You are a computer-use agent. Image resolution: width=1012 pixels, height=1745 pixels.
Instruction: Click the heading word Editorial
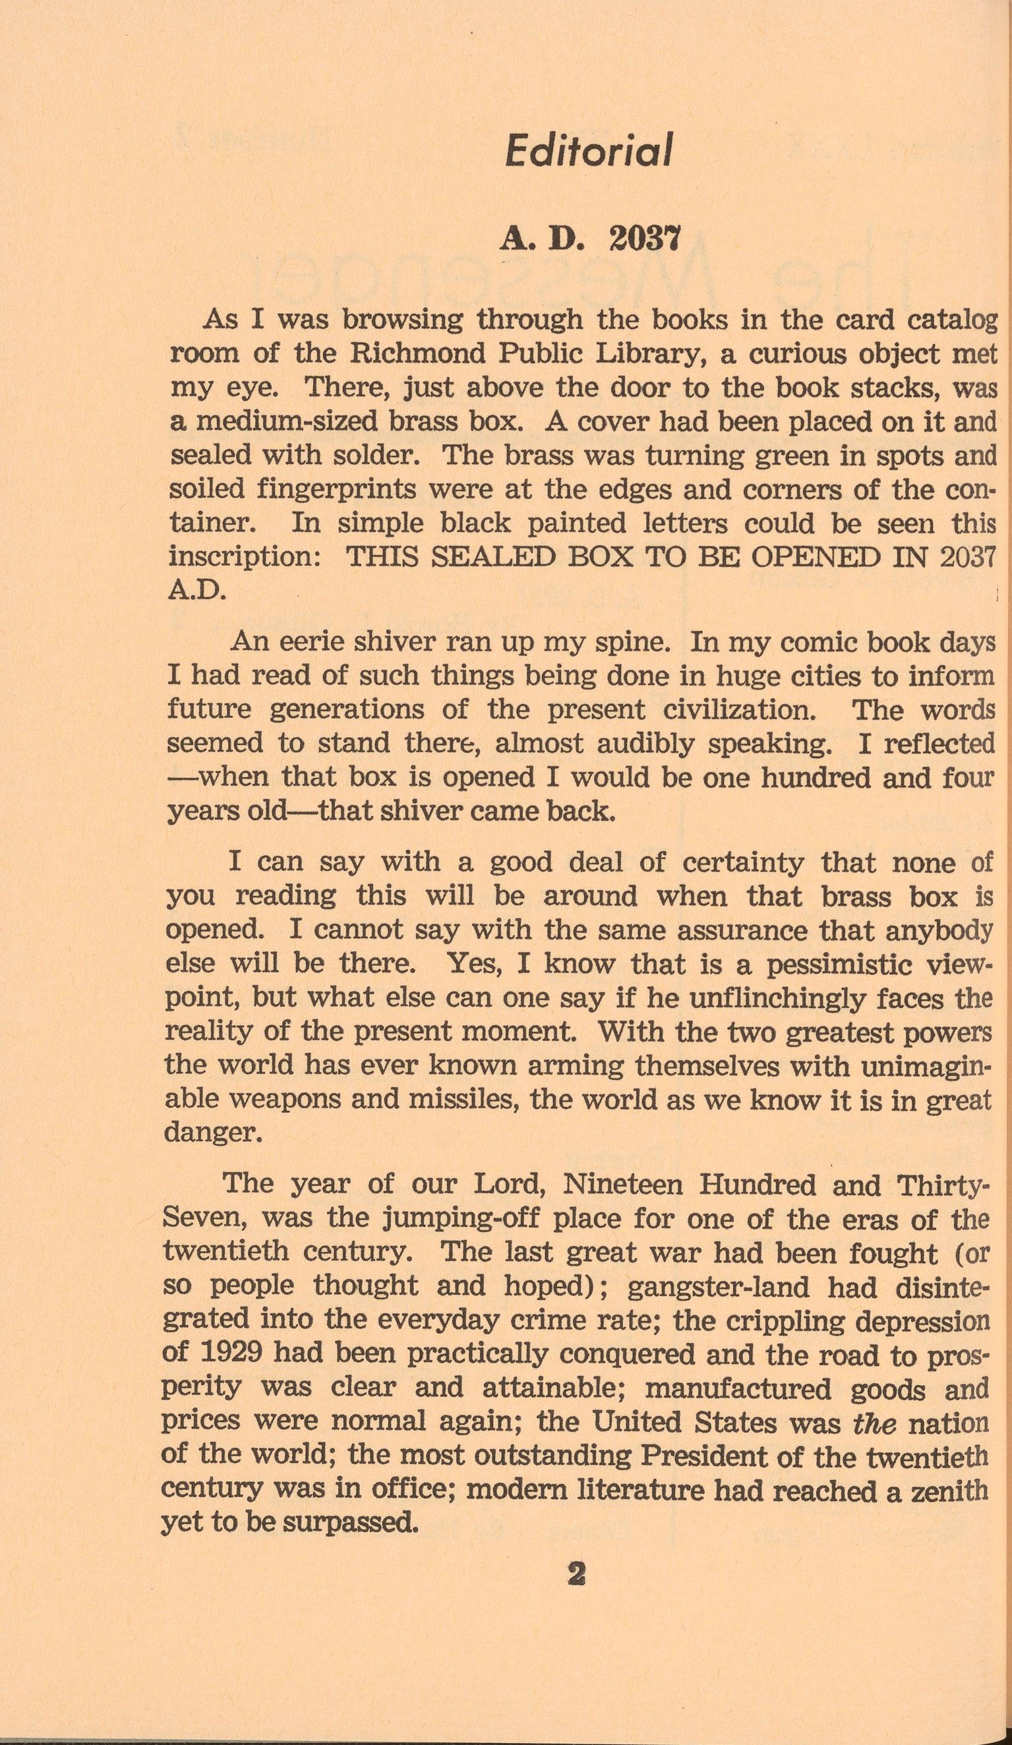click(588, 150)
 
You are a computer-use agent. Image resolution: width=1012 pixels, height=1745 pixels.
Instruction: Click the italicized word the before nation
click(875, 1423)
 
